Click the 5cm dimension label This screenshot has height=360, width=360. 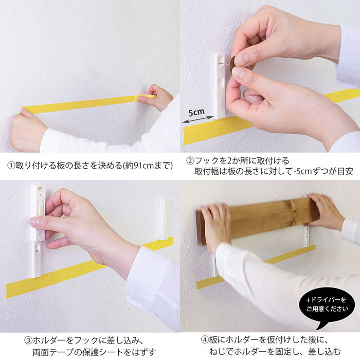tap(196, 112)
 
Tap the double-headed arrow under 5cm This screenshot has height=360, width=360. tap(198, 120)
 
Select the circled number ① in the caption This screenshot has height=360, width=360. tap(11, 165)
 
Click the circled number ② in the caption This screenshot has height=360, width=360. tap(190, 160)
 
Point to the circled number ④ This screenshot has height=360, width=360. tap(205, 340)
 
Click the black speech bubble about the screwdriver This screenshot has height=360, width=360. tap(327, 305)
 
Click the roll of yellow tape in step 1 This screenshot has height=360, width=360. tap(147, 97)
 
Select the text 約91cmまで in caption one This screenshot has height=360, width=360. tap(148, 165)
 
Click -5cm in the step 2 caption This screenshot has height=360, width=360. tap(303, 171)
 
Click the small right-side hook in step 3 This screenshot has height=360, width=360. tap(164, 219)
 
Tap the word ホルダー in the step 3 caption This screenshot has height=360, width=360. tap(49, 340)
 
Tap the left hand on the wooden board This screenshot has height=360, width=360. tap(215, 227)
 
